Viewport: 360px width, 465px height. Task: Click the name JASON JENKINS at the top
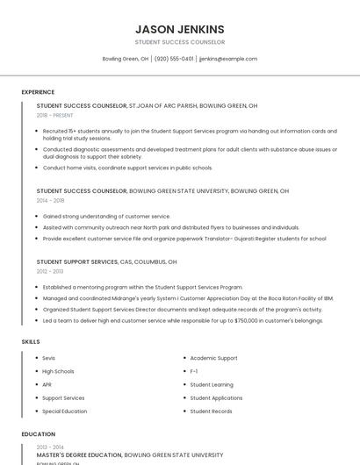click(180, 29)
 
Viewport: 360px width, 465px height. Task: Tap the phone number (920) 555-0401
click(174, 59)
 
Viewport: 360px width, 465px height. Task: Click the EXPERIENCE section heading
click(38, 91)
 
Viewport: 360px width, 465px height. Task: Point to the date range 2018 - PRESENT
click(55, 115)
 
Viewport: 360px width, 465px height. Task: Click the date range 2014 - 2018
click(49, 200)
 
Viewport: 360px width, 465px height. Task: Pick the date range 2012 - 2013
click(49, 271)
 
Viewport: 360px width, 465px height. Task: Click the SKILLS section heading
click(30, 340)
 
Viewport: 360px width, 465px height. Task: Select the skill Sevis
click(48, 358)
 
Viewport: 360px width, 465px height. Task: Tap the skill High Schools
click(58, 371)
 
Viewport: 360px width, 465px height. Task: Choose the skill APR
click(47, 384)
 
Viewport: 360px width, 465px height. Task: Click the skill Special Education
click(64, 411)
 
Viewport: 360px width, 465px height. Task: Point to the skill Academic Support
click(213, 358)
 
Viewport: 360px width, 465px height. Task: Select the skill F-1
click(194, 371)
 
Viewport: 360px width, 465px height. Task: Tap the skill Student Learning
click(212, 384)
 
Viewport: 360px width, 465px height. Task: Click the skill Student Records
click(211, 411)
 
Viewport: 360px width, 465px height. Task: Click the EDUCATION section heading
click(38, 433)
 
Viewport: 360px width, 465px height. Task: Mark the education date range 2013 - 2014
click(49, 447)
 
